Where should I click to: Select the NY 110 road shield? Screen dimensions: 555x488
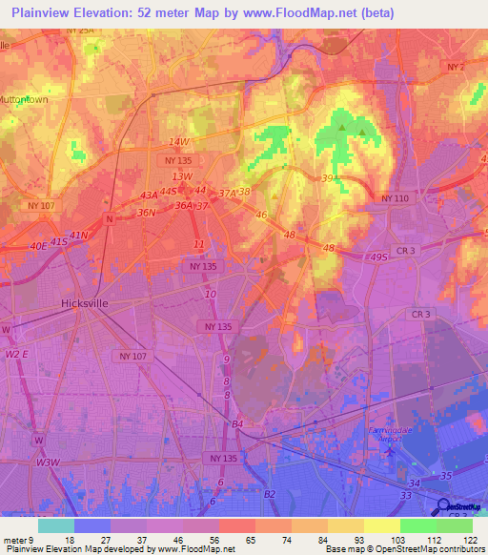click(394, 197)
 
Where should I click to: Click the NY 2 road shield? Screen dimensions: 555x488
click(457, 67)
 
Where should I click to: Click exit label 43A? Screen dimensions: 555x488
click(149, 195)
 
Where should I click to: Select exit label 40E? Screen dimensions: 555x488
click(39, 245)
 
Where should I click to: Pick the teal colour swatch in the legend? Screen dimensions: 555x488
click(56, 524)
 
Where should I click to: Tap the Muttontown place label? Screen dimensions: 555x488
click(27, 98)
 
